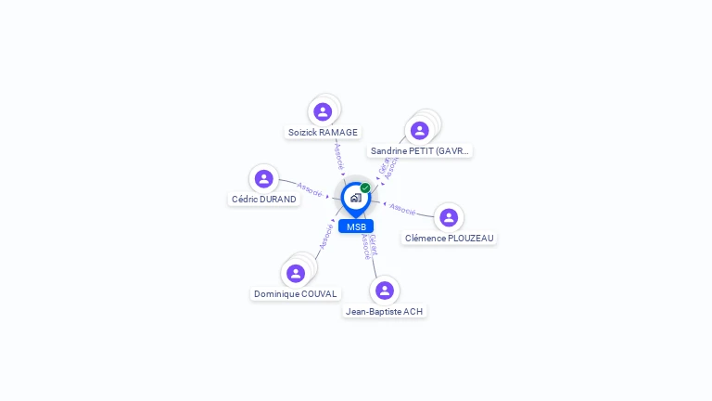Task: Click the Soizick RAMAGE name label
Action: click(323, 133)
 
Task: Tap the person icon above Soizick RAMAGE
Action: click(323, 112)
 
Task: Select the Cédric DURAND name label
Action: click(264, 200)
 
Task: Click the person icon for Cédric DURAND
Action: click(264, 179)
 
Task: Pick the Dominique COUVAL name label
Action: click(296, 294)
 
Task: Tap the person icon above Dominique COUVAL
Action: click(296, 274)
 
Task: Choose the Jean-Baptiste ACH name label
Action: click(385, 312)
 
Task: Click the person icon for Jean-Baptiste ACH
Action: click(385, 291)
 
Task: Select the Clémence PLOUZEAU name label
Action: click(450, 239)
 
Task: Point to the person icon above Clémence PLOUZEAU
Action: click(449, 218)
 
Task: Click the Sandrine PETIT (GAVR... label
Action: click(420, 151)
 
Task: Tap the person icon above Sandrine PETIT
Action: click(419, 131)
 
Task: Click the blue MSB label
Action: click(356, 226)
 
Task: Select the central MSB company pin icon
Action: click(355, 198)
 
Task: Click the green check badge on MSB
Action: click(365, 188)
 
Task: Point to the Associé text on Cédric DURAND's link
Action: click(310, 189)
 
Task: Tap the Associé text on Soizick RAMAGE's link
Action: click(339, 155)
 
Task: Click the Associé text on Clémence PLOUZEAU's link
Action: click(402, 209)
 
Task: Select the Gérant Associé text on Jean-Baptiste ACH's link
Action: click(369, 245)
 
